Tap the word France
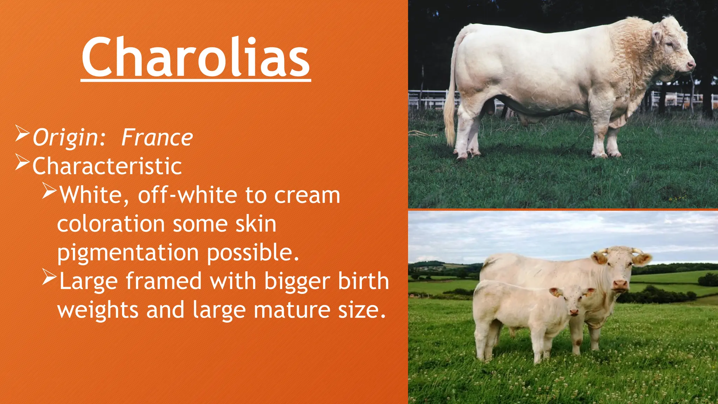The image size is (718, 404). pos(157,137)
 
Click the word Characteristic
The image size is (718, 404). pos(107,166)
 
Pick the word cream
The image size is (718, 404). pos(307,195)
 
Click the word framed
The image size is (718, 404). pos(164,281)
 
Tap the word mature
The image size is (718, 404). pos(292,310)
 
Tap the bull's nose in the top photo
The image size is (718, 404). pos(691,65)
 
